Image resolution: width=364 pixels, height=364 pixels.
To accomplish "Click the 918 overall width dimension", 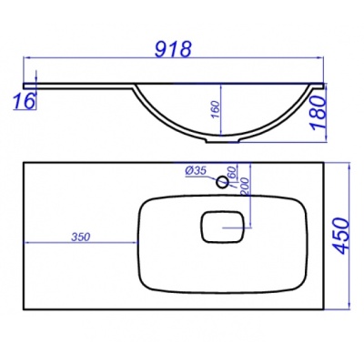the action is [x=173, y=49].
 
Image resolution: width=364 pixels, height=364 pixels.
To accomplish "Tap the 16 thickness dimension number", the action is [x=24, y=101].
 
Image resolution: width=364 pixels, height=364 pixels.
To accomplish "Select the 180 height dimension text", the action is [x=318, y=113].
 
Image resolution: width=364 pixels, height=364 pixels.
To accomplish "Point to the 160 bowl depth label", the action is [x=215, y=110].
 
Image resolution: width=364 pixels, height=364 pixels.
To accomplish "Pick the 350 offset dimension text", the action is [x=81, y=237].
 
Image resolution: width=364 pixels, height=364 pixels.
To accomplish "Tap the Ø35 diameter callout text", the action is [x=195, y=171].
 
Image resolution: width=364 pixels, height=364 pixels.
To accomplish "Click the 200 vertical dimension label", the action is [x=245, y=186].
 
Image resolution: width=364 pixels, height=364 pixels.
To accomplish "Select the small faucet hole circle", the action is [x=222, y=182].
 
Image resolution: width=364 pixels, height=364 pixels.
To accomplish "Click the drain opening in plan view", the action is [x=223, y=227].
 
